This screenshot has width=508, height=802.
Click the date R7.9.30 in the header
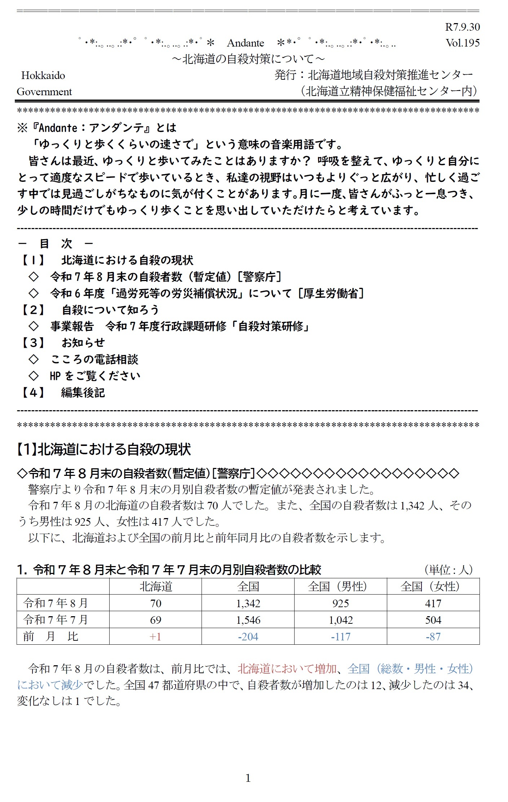point(462,27)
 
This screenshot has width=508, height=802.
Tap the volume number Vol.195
point(462,43)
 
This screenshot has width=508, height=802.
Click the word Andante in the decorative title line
point(246,43)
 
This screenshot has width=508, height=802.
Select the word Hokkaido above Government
point(43,75)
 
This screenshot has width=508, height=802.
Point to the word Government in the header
point(44,92)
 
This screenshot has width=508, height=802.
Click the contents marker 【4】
point(33,392)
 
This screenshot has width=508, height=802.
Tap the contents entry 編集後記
point(83,392)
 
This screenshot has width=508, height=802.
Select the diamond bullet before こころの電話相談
point(34,359)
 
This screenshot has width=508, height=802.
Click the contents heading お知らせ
point(83,343)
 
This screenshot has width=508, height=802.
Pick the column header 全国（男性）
point(340,587)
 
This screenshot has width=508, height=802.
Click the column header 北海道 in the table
point(155,587)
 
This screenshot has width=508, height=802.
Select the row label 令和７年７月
point(56,620)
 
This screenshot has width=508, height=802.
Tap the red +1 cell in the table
point(155,637)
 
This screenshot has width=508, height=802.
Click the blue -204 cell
point(248,637)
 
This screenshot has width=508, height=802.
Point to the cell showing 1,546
point(248,620)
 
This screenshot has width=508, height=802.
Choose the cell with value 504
point(433,620)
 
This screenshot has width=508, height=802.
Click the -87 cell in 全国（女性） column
point(433,637)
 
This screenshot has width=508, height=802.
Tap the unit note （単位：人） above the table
point(449,570)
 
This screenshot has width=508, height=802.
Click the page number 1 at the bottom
point(248,778)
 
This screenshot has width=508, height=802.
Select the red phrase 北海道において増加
point(287,669)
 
